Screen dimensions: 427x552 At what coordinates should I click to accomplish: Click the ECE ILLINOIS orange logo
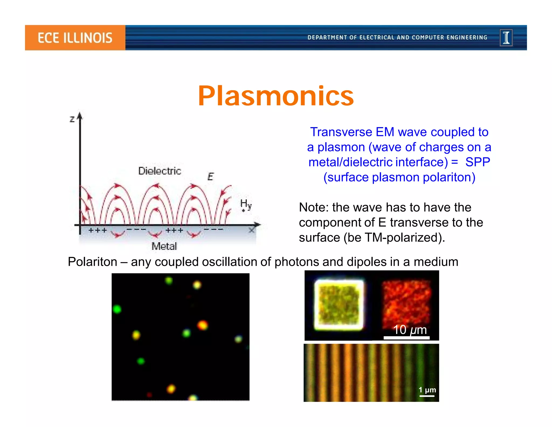[x=75, y=38]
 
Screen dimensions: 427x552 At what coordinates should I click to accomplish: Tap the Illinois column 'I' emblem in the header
[x=506, y=38]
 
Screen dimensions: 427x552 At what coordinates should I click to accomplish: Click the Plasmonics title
[x=276, y=96]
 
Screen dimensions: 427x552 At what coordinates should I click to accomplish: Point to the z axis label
[x=72, y=119]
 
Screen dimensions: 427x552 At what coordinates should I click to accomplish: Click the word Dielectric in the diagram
[x=160, y=171]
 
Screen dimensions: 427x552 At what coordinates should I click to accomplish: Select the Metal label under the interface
[x=164, y=246]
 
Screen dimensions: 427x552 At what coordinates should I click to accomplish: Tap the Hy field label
[x=246, y=204]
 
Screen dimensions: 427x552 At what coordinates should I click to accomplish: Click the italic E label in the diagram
[x=211, y=177]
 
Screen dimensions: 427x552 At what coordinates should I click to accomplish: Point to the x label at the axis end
[x=251, y=230]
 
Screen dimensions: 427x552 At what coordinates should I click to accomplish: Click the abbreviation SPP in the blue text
[x=477, y=162]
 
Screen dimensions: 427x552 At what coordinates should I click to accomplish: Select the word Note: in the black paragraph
[x=314, y=208]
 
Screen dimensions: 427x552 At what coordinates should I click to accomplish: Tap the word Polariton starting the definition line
[x=92, y=262]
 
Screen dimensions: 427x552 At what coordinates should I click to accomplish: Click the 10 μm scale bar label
[x=410, y=330]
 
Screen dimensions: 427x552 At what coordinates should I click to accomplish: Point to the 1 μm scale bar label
[x=427, y=390]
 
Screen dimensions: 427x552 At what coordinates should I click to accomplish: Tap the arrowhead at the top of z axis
[x=80, y=116]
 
